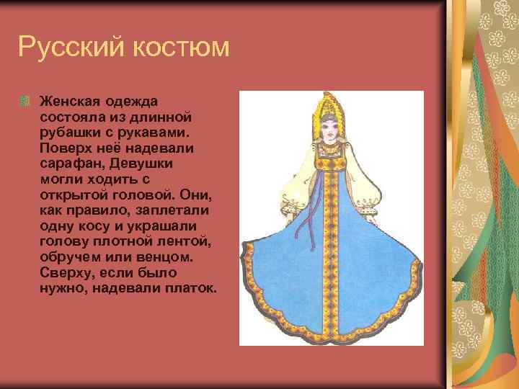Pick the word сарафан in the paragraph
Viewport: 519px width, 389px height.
tap(70, 164)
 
